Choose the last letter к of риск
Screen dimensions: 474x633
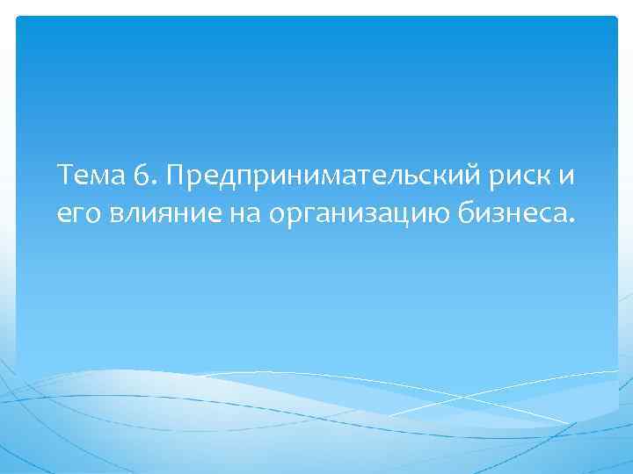pyautogui.click(x=546, y=178)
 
